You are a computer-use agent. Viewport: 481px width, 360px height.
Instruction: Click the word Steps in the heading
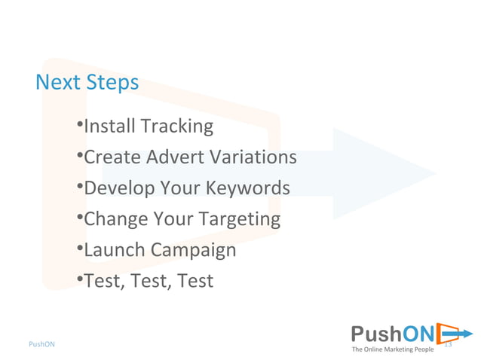(112, 82)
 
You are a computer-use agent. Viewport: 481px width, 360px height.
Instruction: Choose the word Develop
(117, 188)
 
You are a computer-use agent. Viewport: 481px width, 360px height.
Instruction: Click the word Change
(115, 220)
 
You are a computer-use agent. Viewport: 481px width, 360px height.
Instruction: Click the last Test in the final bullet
(195, 281)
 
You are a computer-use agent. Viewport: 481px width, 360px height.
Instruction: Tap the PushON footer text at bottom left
(41, 344)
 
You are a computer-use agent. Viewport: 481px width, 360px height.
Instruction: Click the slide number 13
(447, 344)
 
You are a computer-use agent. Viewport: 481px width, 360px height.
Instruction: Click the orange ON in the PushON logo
(418, 334)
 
